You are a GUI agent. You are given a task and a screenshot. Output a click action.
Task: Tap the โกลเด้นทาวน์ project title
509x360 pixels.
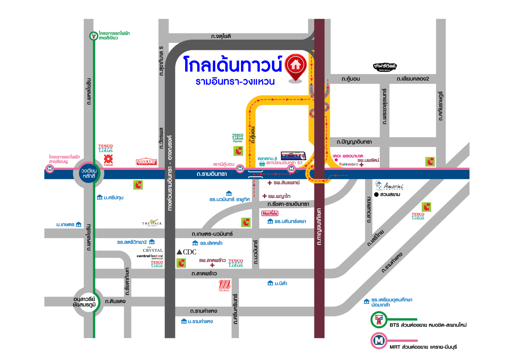click(232, 64)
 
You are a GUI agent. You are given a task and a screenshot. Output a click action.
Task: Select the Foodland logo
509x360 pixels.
click(146, 161)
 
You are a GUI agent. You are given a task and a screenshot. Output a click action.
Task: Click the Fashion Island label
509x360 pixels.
click(349, 164)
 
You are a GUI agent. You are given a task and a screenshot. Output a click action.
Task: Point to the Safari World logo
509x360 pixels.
click(385, 67)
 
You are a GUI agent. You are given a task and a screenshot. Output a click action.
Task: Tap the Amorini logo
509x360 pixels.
click(389, 186)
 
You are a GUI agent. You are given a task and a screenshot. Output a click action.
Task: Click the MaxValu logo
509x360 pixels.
click(270, 213)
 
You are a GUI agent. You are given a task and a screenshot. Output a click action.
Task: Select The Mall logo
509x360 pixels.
click(224, 285)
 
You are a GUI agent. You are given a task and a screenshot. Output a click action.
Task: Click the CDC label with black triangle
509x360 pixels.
click(187, 252)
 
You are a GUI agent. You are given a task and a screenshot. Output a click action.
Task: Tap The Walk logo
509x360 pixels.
click(152, 223)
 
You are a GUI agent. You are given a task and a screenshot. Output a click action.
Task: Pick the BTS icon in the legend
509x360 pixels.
click(379, 320)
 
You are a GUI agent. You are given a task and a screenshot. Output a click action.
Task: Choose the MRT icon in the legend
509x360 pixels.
click(379, 341)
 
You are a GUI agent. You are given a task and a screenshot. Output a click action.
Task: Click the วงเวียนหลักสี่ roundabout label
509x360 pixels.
click(89, 174)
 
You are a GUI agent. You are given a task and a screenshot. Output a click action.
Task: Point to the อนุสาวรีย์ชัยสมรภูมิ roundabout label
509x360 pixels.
click(84, 302)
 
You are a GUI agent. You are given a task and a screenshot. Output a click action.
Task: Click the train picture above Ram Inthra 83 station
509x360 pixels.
click(293, 156)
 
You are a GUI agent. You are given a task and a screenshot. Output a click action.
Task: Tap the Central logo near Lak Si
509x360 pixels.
click(108, 160)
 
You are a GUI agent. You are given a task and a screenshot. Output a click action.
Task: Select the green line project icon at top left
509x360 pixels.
click(94, 36)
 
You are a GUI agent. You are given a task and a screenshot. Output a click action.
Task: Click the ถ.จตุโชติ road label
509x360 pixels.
click(221, 36)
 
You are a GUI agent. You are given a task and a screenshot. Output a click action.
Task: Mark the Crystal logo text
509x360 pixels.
click(153, 250)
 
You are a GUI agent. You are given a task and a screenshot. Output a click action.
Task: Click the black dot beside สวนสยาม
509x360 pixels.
click(376, 194)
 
